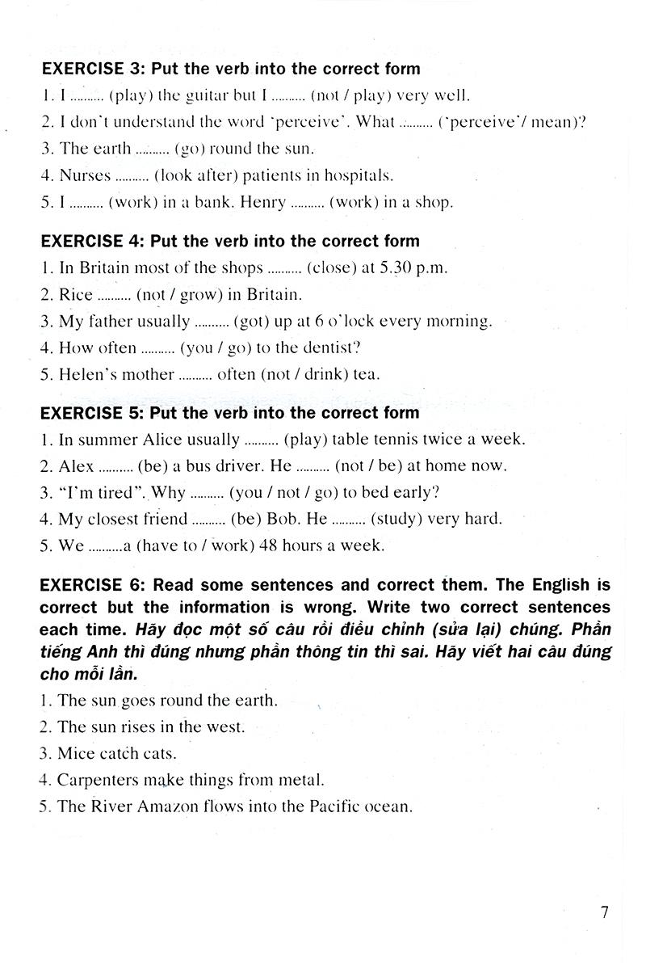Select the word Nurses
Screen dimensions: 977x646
[x=85, y=175]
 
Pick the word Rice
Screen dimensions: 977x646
[x=77, y=294]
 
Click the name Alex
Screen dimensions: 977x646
[x=77, y=466]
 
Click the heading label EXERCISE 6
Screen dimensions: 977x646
[x=91, y=585]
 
